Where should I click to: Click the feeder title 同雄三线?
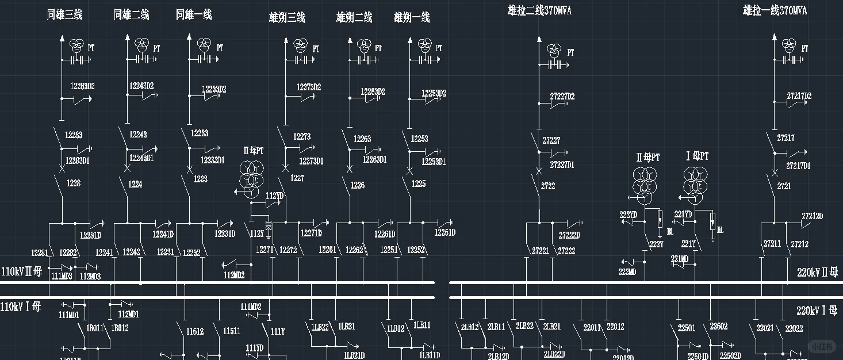[64, 15]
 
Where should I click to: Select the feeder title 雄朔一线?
[412, 18]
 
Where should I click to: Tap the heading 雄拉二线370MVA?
[539, 10]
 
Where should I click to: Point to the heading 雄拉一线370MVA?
[775, 10]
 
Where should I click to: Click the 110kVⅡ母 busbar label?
[22, 271]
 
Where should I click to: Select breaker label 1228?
[74, 183]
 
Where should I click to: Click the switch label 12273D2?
[309, 87]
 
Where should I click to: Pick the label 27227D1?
[562, 165]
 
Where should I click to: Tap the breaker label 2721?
[784, 186]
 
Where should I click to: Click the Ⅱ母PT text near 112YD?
[253, 151]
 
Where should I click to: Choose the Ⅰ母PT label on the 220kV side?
[697, 156]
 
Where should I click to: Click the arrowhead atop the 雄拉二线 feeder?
[539, 40]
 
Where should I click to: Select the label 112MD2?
[234, 275]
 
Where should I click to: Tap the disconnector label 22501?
[686, 328]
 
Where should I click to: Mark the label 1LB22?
[320, 327]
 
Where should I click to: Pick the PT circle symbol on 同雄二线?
[141, 44]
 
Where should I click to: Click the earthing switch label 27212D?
[812, 216]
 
